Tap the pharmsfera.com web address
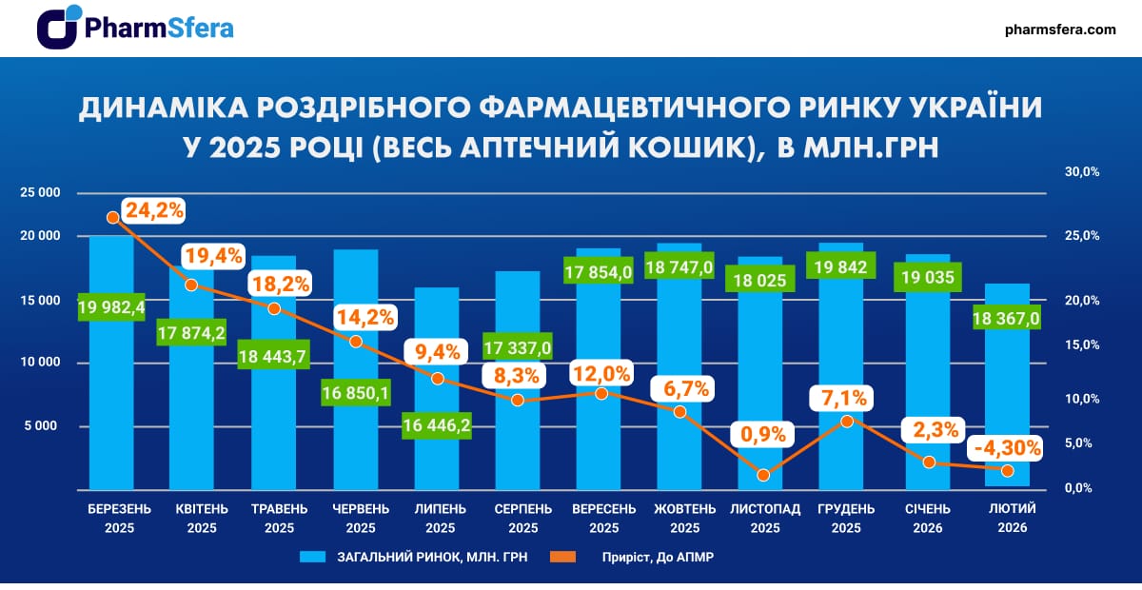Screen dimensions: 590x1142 (x=1059, y=29)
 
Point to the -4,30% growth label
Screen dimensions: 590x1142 (x=1005, y=447)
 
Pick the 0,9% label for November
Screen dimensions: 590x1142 (x=763, y=435)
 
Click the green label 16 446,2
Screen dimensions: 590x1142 (x=437, y=426)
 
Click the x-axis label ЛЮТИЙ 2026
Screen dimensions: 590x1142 (x=1013, y=519)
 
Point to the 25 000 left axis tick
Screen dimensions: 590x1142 (x=42, y=193)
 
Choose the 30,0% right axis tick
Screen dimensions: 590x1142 (x=1082, y=172)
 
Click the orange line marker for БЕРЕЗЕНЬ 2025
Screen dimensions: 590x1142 (x=112, y=217)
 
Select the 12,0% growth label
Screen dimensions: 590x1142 (x=601, y=372)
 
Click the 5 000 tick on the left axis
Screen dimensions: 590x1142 (x=42, y=426)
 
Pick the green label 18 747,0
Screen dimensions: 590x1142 (x=679, y=268)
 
